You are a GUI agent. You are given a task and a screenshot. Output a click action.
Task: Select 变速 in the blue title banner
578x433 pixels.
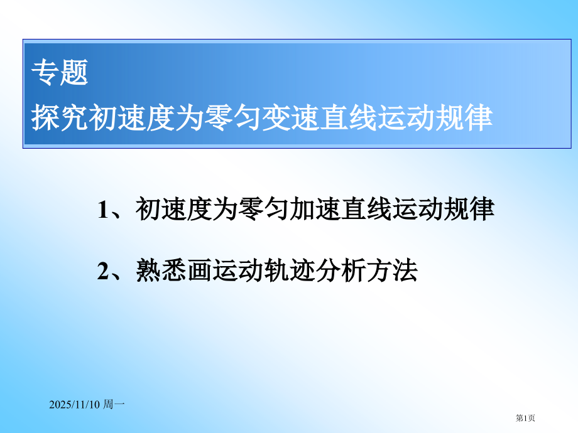292,118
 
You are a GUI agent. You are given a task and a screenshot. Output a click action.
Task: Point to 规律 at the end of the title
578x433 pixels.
464,118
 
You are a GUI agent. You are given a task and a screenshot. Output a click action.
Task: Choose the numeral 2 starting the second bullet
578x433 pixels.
103,271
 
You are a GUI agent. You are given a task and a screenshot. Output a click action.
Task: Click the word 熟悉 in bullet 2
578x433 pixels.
161,271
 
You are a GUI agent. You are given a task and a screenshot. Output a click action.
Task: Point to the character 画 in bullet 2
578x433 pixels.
199,271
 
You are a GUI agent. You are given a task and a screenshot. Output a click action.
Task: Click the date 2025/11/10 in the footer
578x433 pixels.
74,406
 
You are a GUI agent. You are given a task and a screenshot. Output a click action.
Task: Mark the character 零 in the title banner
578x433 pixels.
220,118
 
